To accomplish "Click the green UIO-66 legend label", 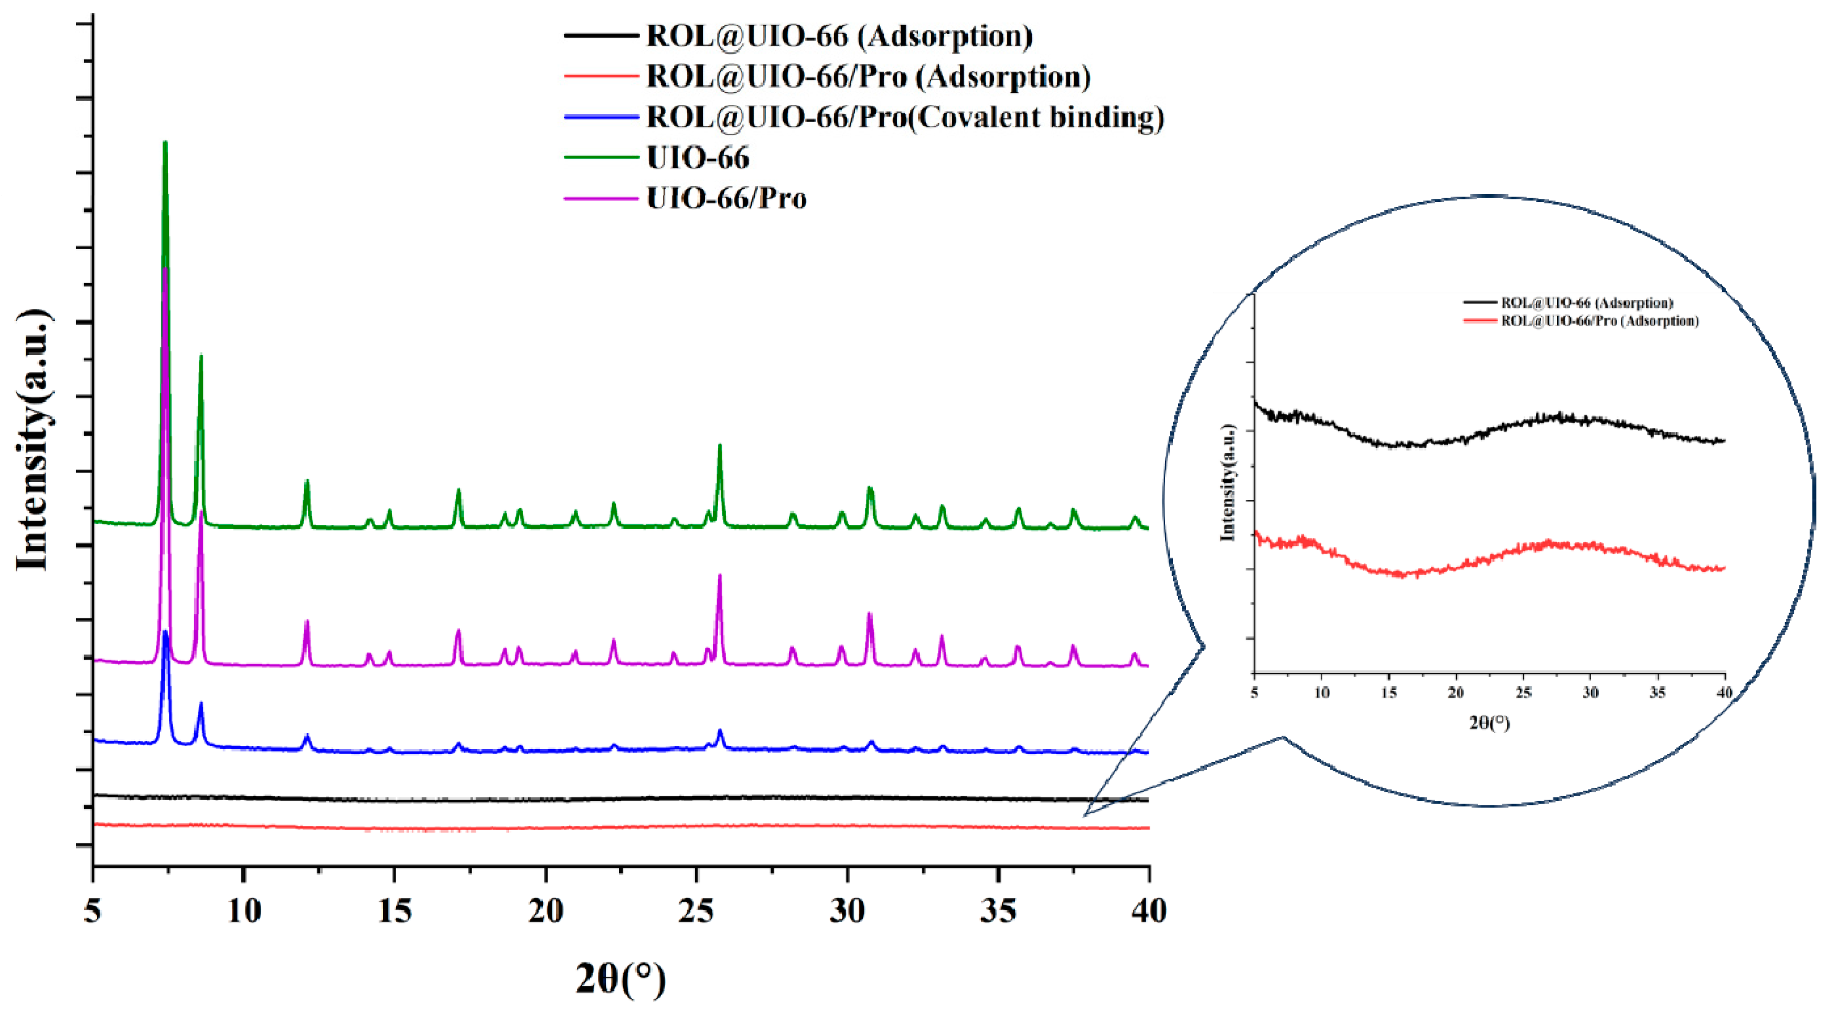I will (698, 157).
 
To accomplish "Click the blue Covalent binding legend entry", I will (905, 117).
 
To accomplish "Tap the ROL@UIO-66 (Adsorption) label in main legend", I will (839, 36).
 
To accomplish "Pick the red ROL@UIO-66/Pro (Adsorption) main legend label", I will (868, 76).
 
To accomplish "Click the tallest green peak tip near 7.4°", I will (165, 143).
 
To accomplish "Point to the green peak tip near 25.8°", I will (720, 446).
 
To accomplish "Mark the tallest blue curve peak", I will (165, 631).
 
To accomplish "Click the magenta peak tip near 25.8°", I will (720, 575).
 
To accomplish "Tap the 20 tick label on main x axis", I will (546, 910).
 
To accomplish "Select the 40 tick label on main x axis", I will (1148, 910).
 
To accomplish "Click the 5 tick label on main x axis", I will (93, 910).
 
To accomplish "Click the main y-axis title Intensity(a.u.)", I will (34, 440).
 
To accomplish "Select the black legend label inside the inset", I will (1587, 303).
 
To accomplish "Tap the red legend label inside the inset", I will (1599, 321).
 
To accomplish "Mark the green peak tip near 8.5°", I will (201, 356).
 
